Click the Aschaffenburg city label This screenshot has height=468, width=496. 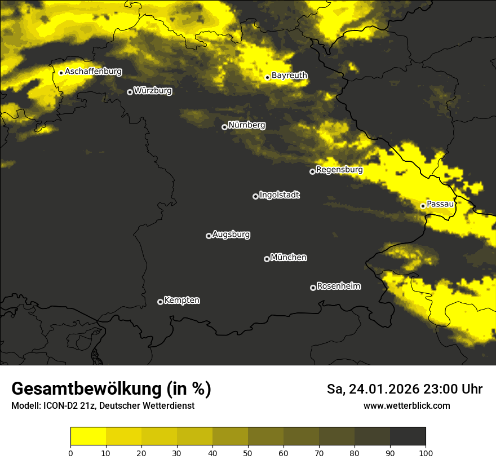point(93,72)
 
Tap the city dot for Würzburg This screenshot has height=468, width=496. point(130,92)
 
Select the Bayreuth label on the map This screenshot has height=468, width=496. point(289,75)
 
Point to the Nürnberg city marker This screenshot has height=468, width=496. point(224,127)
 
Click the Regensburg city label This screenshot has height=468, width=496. point(339,169)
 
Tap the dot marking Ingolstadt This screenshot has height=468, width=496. point(255,196)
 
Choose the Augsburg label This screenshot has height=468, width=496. point(231,234)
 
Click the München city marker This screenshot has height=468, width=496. point(267,259)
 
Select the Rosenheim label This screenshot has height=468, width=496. point(338,286)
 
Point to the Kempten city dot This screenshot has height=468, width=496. point(160,302)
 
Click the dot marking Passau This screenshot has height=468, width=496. point(423,206)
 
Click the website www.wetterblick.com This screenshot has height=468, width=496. point(407,405)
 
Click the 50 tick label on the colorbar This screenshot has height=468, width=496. point(248,453)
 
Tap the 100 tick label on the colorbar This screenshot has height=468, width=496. point(426,453)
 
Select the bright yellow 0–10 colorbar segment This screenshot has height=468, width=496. point(88,436)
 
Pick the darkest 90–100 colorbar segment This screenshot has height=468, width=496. point(408,436)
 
